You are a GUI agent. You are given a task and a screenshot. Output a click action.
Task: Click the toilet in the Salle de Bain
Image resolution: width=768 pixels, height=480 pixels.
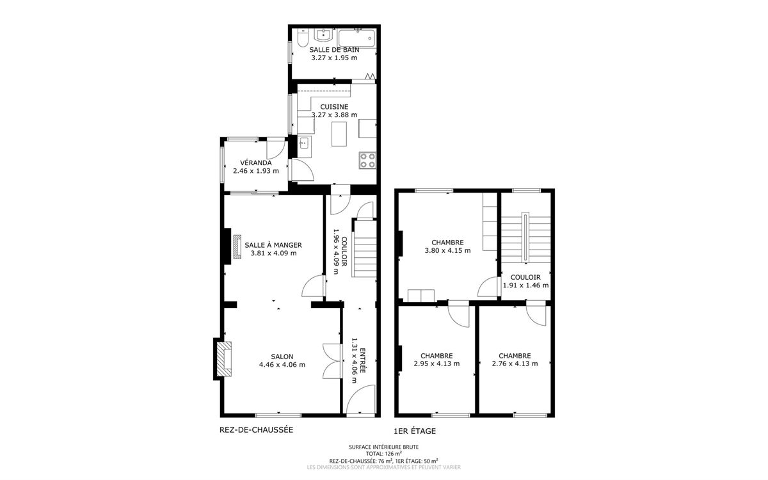click(x=302, y=38)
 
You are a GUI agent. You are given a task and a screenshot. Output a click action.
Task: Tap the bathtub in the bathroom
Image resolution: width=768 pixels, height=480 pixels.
click(x=357, y=38)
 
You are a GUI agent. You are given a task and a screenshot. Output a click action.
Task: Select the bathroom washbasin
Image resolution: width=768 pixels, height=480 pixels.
click(x=323, y=35)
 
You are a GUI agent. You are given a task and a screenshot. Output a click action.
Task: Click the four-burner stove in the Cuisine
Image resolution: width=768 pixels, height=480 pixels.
click(x=367, y=161)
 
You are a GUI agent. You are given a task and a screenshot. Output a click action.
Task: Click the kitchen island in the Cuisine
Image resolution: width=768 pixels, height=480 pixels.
click(x=339, y=134)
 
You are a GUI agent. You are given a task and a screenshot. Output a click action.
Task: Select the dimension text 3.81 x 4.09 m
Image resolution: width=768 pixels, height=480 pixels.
click(x=273, y=253)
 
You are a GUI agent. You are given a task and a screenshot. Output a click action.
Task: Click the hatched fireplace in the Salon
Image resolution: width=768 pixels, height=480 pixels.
click(x=224, y=359)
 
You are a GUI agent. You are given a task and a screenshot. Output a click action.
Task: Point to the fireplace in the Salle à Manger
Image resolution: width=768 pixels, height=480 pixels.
click(x=237, y=246)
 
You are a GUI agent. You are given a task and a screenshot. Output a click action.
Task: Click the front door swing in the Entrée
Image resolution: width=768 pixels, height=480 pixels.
click(x=361, y=399)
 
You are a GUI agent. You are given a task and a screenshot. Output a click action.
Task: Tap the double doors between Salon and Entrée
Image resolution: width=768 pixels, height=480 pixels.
click(x=333, y=361)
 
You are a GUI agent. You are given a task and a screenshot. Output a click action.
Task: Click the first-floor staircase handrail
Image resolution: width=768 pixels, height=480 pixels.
click(x=525, y=237)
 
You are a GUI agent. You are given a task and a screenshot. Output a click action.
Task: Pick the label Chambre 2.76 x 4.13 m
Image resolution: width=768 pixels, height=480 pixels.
click(x=515, y=360)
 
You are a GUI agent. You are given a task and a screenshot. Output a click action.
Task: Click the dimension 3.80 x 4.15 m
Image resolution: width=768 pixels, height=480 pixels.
click(x=447, y=251)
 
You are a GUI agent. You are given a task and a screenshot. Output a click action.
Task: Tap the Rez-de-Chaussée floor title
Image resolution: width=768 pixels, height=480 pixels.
click(x=256, y=429)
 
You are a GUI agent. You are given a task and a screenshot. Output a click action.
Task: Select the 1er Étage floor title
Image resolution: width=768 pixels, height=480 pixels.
click(x=415, y=431)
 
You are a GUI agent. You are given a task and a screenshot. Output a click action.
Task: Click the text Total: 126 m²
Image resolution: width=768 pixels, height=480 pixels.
click(x=383, y=453)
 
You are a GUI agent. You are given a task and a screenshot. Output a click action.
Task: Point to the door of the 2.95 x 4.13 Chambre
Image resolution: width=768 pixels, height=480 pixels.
click(x=458, y=314)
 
